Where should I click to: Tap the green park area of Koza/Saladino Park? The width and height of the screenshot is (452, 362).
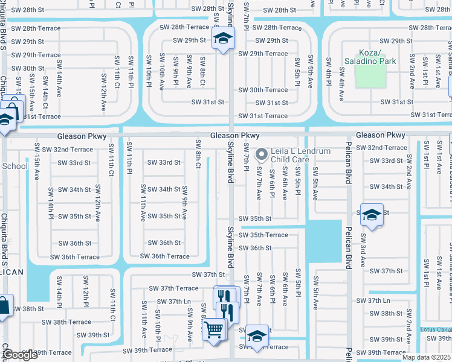[370, 77]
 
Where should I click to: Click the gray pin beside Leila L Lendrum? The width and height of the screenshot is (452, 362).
[262, 154]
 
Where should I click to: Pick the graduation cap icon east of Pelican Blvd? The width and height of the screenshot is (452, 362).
[372, 215]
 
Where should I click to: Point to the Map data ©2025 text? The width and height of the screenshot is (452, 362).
[427, 357]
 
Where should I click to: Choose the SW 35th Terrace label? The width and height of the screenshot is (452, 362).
[263, 235]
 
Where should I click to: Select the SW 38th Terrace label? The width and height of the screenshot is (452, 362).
[71, 322]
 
